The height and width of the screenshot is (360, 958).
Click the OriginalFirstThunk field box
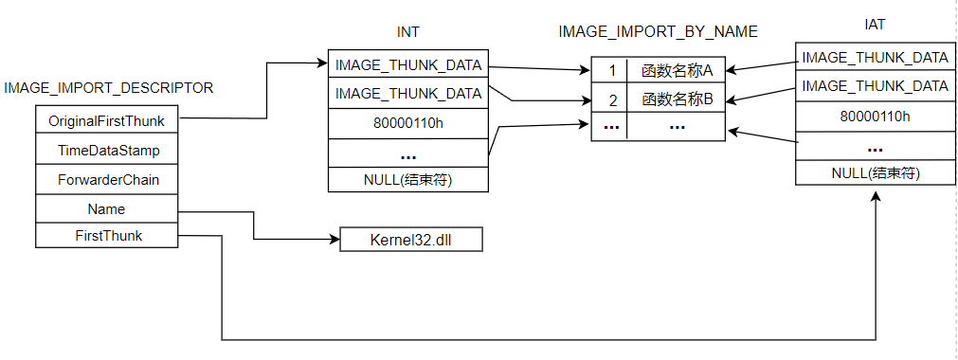coord(105,121)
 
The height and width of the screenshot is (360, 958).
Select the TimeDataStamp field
coord(105,150)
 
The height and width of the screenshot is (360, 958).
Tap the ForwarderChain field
coord(105,179)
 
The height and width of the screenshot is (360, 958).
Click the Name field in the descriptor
coord(105,208)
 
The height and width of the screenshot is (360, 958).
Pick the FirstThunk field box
coord(105,236)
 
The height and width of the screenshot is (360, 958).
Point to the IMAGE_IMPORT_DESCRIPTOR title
coord(109,88)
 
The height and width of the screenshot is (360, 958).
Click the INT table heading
coord(407,32)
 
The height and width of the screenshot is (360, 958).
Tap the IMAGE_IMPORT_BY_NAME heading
coord(658,31)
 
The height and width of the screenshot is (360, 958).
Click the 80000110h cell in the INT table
coord(408,122)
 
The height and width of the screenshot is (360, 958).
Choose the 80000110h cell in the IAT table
coord(875,116)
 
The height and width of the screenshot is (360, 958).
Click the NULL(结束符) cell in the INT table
coord(408,179)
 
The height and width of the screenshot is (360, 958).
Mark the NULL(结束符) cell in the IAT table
coord(875,172)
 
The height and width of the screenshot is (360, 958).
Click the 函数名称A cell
coord(677,70)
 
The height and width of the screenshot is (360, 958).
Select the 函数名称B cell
coord(677,99)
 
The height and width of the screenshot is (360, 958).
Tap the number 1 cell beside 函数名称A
coord(611,70)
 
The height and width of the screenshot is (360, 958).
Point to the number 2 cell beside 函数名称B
coord(611,99)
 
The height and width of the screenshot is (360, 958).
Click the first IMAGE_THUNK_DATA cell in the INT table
coord(408,65)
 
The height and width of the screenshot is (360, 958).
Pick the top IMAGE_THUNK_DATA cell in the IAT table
coord(875,58)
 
